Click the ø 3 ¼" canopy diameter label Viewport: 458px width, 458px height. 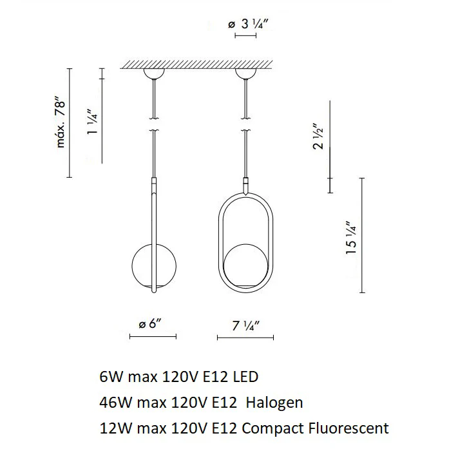coord(248,24)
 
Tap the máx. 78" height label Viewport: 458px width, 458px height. coord(61,124)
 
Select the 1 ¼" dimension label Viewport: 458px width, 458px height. coord(92,122)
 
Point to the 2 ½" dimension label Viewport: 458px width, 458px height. coord(318,137)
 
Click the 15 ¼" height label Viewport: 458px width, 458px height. coord(351,238)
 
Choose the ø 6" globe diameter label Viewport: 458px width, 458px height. coord(150,323)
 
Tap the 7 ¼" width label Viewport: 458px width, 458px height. coord(246,326)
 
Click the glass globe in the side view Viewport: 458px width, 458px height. coord(154,266)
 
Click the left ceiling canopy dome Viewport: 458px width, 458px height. coord(154,73)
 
